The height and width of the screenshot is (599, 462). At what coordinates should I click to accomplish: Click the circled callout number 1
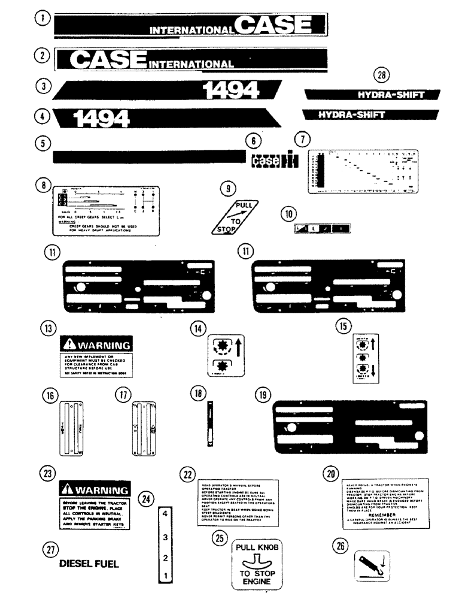click(x=42, y=20)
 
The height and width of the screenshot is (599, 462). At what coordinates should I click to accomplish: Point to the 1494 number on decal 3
click(x=232, y=90)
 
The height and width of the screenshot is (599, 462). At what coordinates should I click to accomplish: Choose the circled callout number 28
click(x=381, y=75)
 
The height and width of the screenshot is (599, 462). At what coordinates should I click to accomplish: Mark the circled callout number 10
click(x=289, y=214)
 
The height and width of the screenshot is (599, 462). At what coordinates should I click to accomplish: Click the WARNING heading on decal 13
click(x=102, y=346)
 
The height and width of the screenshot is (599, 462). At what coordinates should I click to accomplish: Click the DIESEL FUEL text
click(x=89, y=564)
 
